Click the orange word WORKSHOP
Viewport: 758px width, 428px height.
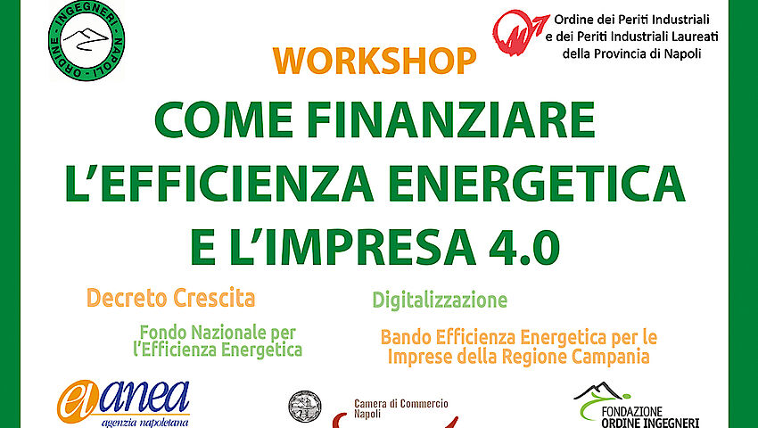pos(375,61)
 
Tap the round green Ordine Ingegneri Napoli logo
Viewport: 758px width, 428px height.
pos(87,40)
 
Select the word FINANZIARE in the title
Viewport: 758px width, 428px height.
pos(451,119)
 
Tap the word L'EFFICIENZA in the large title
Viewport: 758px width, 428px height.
pos(219,184)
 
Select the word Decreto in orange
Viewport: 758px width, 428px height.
pos(128,298)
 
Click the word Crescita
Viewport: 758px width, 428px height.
pos(214,298)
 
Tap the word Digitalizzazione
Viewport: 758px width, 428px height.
pos(440,300)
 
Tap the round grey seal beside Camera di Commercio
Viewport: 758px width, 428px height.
pos(305,405)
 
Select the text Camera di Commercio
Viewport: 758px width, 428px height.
pos(400,404)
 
